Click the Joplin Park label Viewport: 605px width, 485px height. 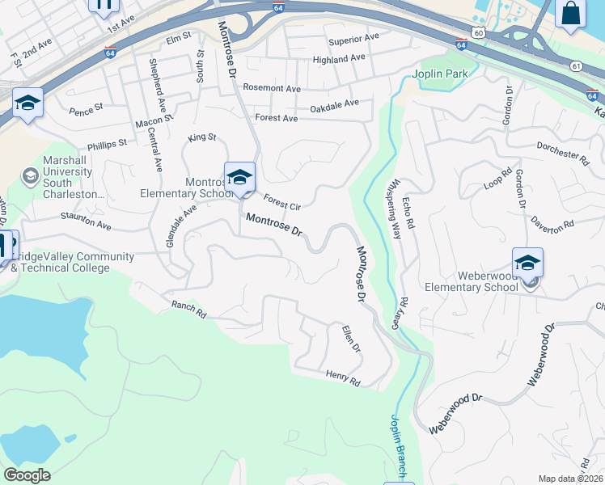pos(441,74)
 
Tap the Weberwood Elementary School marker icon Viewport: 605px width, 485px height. pos(527,263)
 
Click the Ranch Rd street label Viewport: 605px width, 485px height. pos(189,309)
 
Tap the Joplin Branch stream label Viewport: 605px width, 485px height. pos(396,444)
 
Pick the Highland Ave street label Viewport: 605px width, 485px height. pos(339,59)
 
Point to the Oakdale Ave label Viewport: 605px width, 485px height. pos(334,104)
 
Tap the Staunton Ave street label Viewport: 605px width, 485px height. pos(86,220)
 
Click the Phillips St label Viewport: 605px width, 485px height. pos(108,144)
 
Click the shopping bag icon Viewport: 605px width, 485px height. pos(571,14)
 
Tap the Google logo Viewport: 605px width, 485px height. pos(27,474)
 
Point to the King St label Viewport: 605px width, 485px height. pos(202,138)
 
